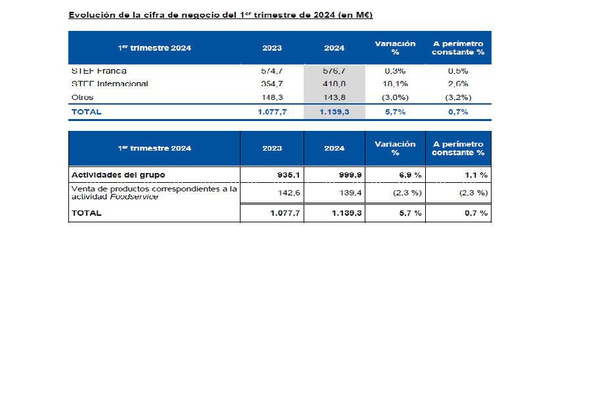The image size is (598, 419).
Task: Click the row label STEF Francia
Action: (x=99, y=71)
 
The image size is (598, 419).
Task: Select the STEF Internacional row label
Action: (x=109, y=84)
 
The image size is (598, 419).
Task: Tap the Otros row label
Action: (x=82, y=97)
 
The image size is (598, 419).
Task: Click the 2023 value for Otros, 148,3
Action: (x=272, y=97)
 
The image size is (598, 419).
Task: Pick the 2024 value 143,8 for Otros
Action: (x=334, y=97)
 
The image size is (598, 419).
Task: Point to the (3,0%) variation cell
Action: (x=395, y=97)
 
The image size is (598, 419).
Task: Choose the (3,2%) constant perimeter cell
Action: (x=457, y=97)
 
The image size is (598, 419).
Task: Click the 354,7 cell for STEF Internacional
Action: (x=272, y=84)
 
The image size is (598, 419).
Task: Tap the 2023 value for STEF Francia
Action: (x=272, y=71)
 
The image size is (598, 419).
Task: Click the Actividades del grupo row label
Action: (x=118, y=175)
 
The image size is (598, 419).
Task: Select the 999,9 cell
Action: (x=350, y=175)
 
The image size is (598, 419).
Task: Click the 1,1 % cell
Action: (x=474, y=175)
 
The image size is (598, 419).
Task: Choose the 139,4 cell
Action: (x=350, y=193)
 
